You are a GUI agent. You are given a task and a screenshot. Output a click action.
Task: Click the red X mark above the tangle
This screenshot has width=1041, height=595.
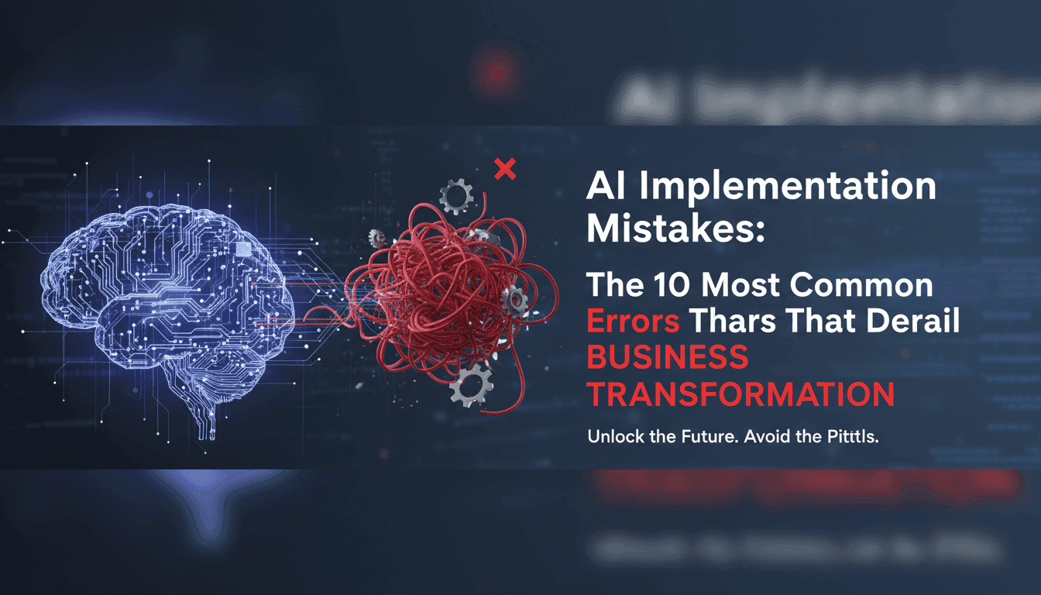505,169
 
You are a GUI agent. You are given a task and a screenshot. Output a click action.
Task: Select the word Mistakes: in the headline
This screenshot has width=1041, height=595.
668,229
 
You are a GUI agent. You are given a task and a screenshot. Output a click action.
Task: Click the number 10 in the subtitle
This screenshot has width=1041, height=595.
667,287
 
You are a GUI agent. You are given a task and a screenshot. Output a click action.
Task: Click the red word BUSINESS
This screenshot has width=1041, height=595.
668,359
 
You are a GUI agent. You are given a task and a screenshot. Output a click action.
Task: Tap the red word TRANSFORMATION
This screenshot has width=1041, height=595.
740,395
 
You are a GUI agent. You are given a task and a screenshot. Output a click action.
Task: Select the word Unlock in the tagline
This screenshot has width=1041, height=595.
617,437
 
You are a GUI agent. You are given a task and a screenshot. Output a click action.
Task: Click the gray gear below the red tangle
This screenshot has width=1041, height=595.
471,383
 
